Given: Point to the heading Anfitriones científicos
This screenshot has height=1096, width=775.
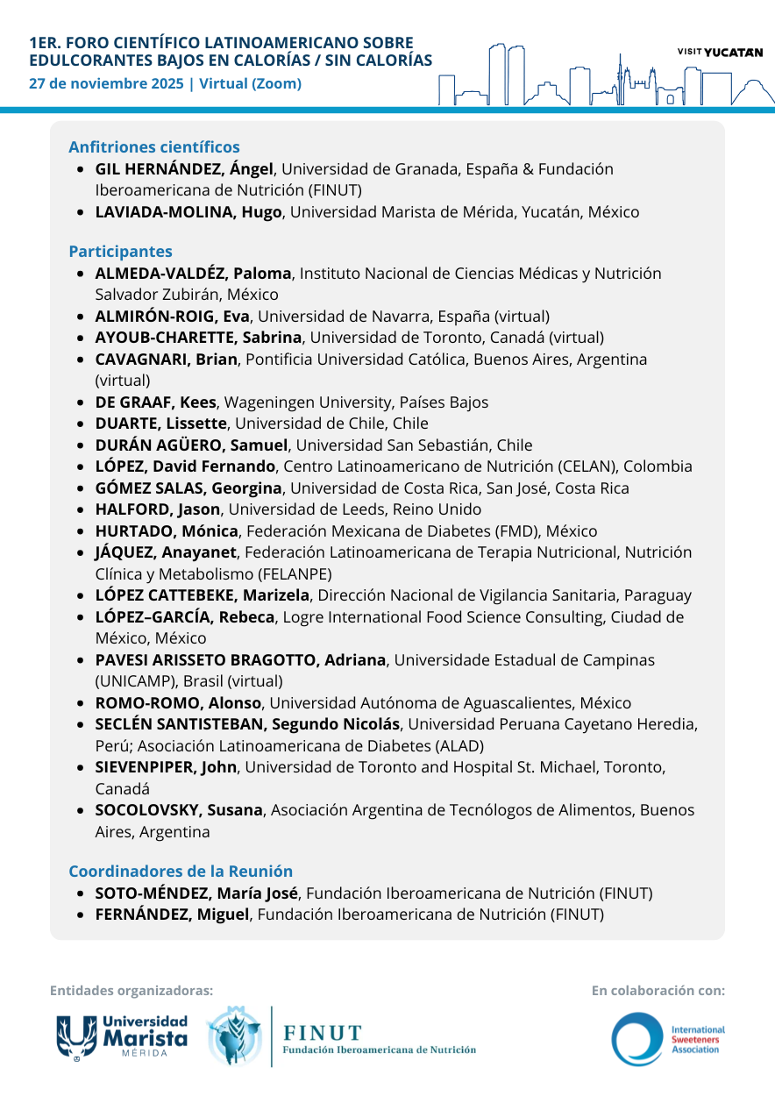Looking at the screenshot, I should pyautogui.click(x=154, y=147).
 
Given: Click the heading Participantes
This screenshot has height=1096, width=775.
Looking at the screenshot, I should pyautogui.click(x=120, y=252).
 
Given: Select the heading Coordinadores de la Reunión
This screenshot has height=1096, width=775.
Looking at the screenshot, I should pyautogui.click(x=181, y=872).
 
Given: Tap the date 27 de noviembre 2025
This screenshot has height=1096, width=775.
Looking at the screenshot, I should pyautogui.click(x=106, y=84).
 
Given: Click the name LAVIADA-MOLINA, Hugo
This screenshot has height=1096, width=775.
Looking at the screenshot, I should pyautogui.click(x=188, y=212).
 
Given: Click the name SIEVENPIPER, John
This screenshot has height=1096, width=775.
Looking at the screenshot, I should pyautogui.click(x=166, y=767).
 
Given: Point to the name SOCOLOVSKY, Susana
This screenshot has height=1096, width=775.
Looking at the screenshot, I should pyautogui.click(x=179, y=810).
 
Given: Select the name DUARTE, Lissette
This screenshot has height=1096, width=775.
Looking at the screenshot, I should pyautogui.click(x=160, y=423).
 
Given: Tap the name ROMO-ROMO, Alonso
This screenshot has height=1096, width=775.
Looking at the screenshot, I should pyautogui.click(x=178, y=703).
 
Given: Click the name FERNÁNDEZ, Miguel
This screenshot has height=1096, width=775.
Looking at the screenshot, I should pyautogui.click(x=173, y=915).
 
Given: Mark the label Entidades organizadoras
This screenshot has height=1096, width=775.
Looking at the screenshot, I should pyautogui.click(x=132, y=991).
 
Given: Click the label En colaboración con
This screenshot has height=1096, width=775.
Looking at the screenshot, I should pyautogui.click(x=658, y=991).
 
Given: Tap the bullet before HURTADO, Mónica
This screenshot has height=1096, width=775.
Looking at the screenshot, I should pyautogui.click(x=81, y=531).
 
